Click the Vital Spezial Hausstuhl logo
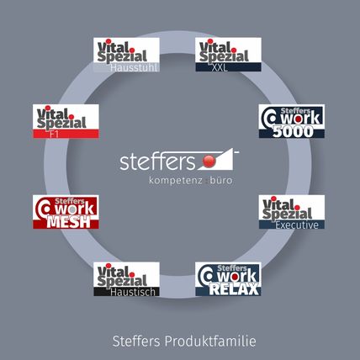(126, 55)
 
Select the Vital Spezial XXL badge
(228, 55)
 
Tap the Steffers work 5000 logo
(292, 121)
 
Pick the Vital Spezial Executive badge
(292, 212)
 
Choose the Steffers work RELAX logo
(228, 279)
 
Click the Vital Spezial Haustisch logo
(126, 279)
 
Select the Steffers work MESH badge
(66, 212)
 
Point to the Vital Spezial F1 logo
(66, 121)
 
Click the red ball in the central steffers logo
(209, 161)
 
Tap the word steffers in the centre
(157, 161)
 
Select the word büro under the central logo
(221, 180)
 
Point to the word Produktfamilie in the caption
(210, 341)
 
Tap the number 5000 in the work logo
(293, 132)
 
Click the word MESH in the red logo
(69, 222)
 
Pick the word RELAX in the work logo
(234, 289)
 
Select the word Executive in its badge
(297, 225)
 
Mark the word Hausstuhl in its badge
(134, 67)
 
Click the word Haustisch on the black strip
(133, 292)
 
